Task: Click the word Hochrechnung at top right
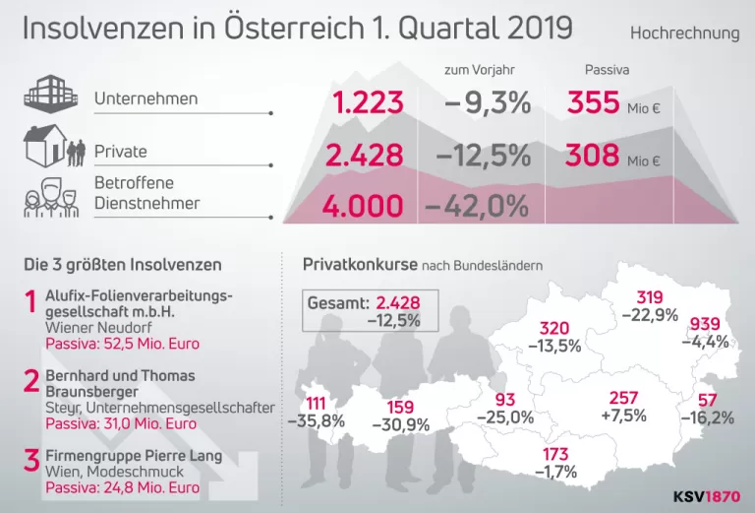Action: click(684, 33)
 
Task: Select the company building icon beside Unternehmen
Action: click(49, 96)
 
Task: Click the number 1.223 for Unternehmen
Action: click(369, 102)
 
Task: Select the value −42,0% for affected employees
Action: click(477, 207)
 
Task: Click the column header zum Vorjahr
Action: click(479, 70)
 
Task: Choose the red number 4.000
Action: click(364, 207)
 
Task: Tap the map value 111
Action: click(316, 404)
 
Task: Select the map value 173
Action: click(554, 455)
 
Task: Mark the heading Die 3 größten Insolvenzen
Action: click(122, 265)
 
